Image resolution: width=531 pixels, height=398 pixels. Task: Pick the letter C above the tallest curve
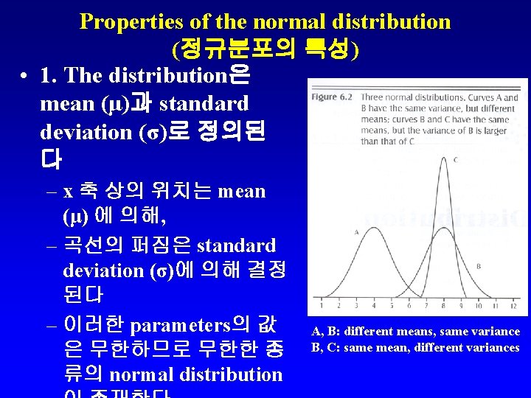457,159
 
